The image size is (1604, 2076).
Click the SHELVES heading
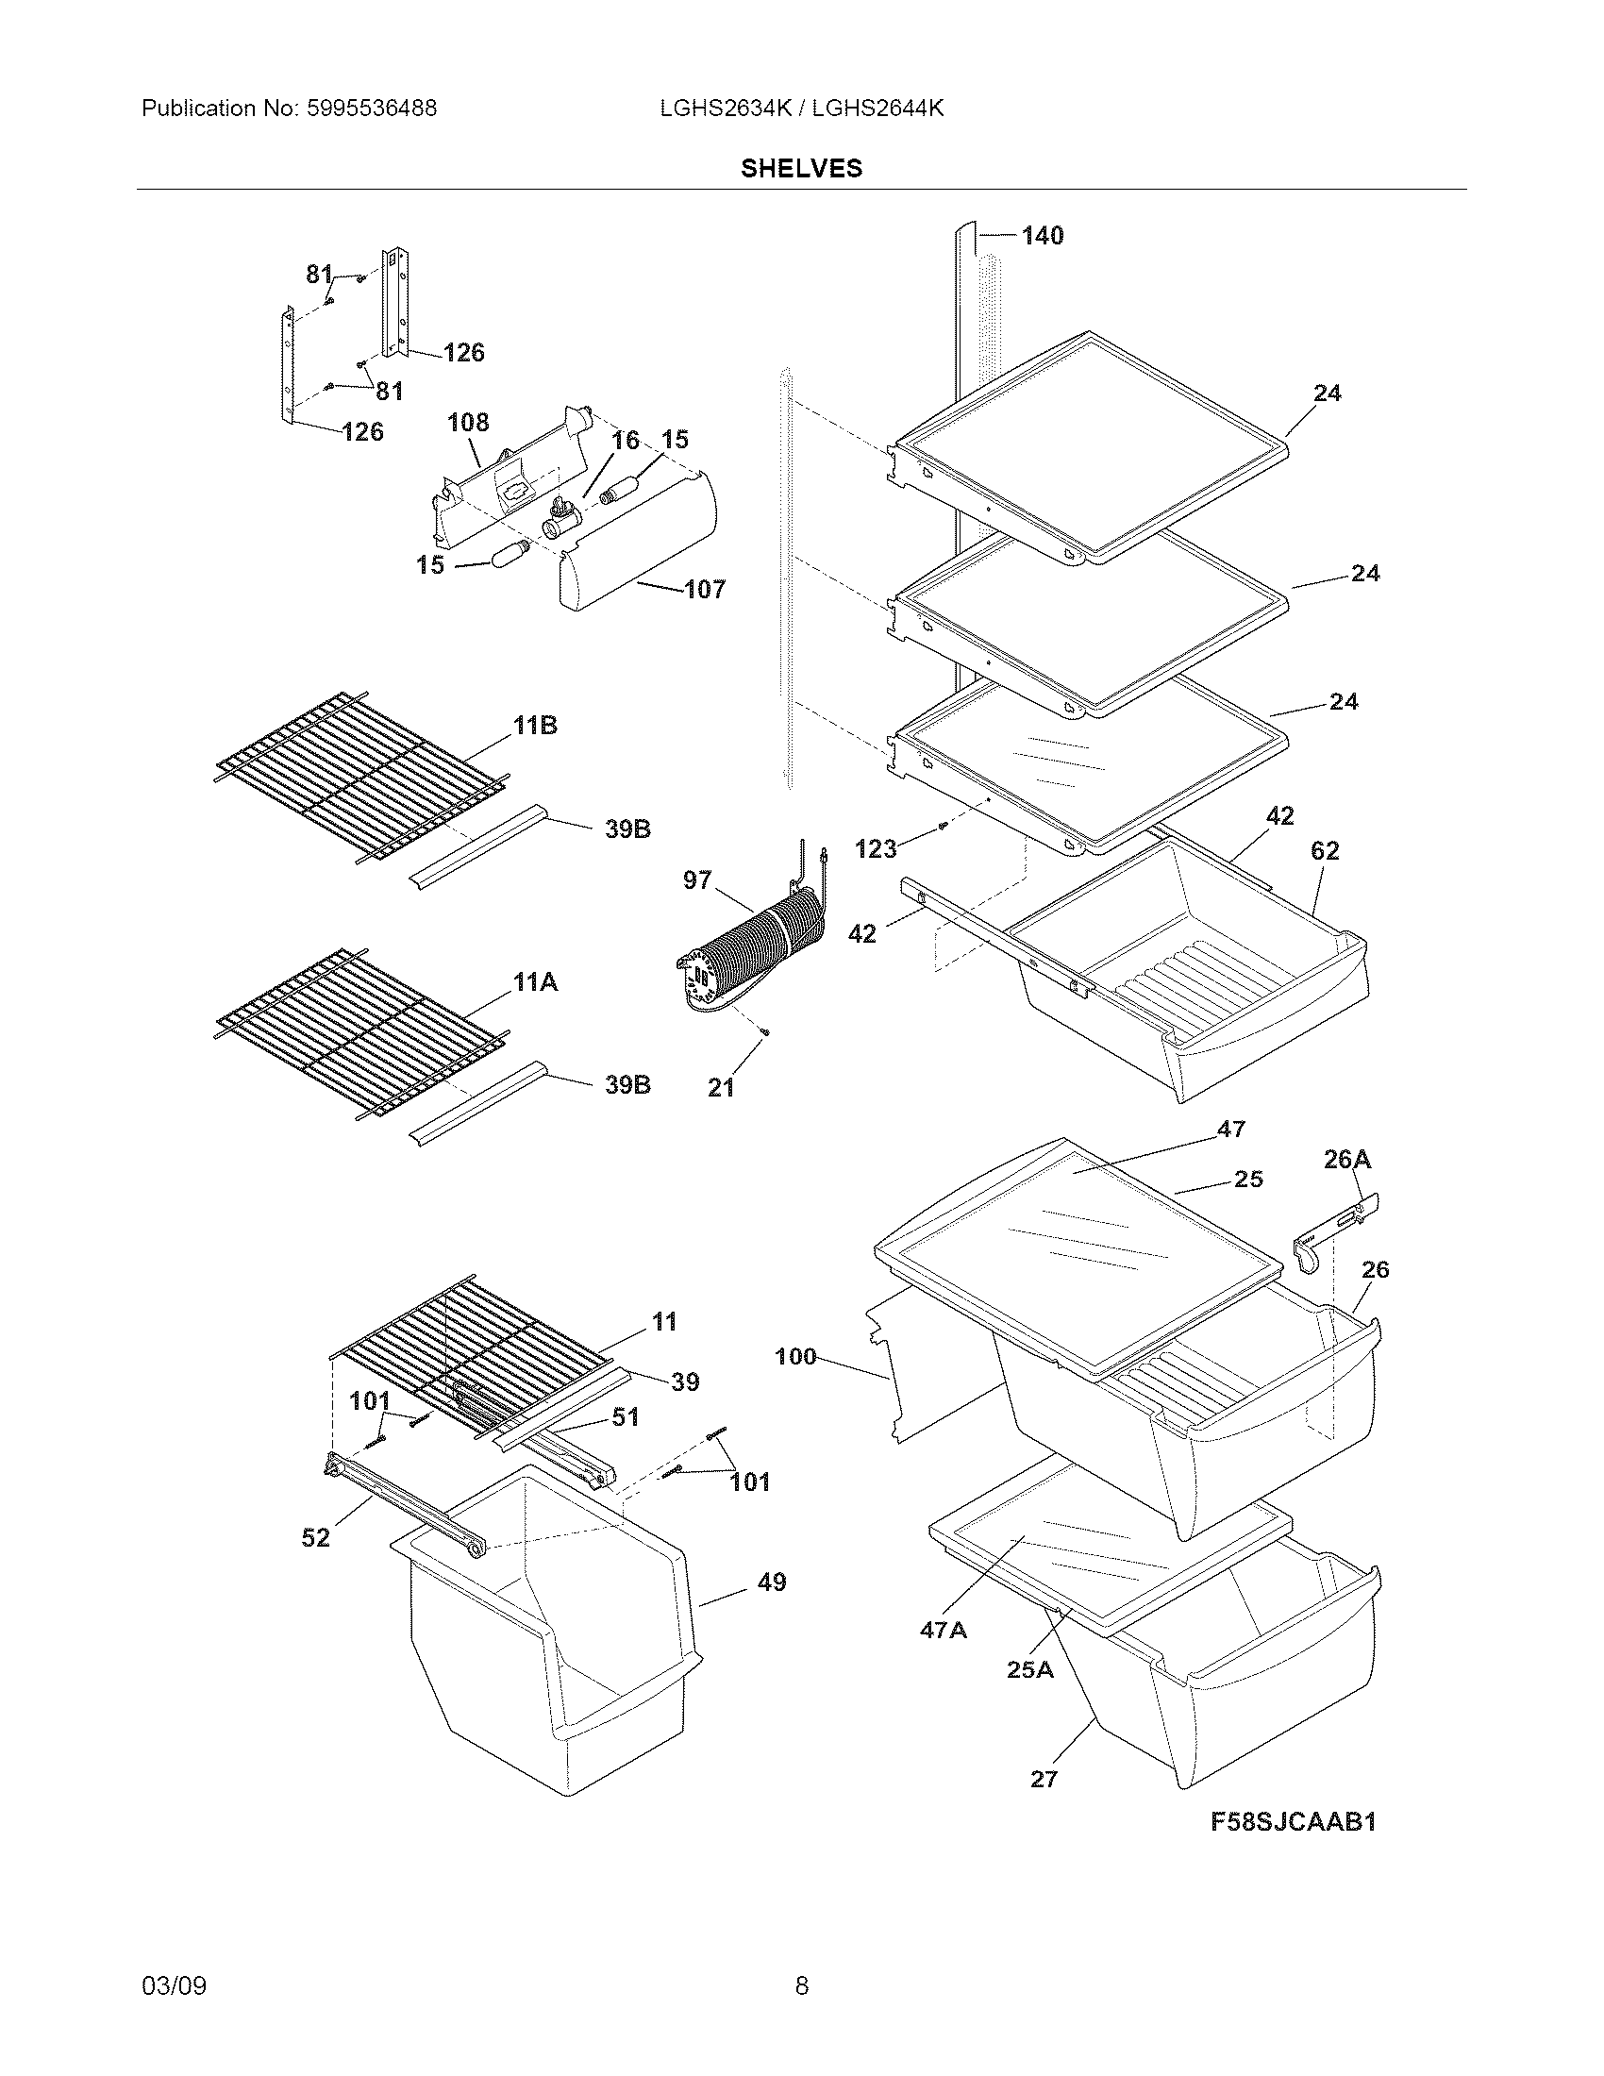pos(801,168)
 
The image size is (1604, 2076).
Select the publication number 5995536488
pos(371,109)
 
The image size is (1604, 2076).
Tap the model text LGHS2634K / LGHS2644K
pos(801,109)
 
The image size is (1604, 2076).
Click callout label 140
pos(1042,235)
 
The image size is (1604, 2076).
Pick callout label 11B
pos(535,727)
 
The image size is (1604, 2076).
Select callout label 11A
pos(535,983)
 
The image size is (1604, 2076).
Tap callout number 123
pos(876,849)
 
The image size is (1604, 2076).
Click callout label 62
pos(1325,851)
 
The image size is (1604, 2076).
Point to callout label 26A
pos(1346,1159)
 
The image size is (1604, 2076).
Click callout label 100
pos(795,1356)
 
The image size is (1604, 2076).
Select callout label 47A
pos(943,1631)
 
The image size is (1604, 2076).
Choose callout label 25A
pos(1030,1669)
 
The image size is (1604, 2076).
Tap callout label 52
pos(315,1537)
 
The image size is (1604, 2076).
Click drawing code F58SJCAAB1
pos(1293,1821)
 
